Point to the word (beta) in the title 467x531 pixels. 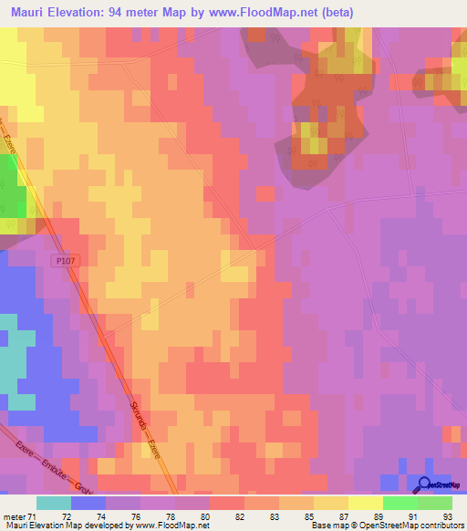pos(332,13)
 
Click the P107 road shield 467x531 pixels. pos(62,261)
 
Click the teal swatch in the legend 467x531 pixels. pos(54,503)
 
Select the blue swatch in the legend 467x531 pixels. pos(88,503)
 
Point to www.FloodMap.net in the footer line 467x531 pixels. pos(172,526)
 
